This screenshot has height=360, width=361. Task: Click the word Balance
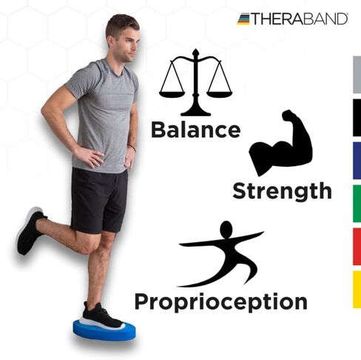click(x=195, y=130)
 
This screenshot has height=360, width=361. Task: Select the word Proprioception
click(x=220, y=301)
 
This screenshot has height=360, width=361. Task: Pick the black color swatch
click(x=357, y=119)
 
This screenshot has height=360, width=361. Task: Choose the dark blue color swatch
click(x=357, y=161)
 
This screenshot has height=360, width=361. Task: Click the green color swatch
click(x=357, y=204)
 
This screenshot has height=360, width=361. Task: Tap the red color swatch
click(x=357, y=246)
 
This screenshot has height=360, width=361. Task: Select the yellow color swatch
click(x=357, y=289)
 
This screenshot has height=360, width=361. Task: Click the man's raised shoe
click(x=29, y=231)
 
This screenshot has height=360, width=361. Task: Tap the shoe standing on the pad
click(x=101, y=316)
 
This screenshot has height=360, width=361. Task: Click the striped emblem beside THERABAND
click(x=243, y=19)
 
